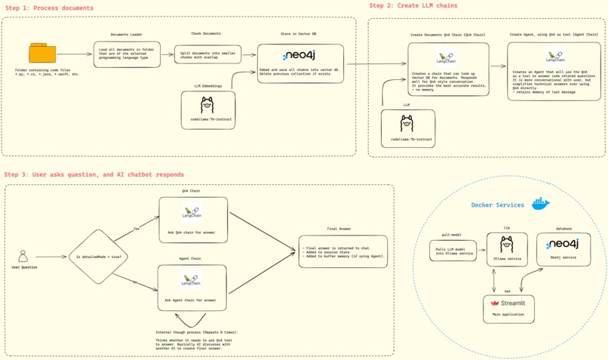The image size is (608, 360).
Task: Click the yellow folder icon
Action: tap(42, 53)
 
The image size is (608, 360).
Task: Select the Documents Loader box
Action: tap(127, 54)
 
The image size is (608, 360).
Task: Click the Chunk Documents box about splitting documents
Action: tap(207, 54)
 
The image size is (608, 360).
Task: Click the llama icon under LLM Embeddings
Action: tap(207, 105)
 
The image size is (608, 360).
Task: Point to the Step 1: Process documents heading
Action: tap(50, 8)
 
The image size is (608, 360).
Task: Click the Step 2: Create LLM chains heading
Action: tap(413, 5)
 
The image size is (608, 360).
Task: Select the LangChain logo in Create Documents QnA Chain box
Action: tap(447, 57)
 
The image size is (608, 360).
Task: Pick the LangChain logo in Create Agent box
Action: tap(555, 57)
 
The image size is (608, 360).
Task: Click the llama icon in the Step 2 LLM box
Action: tap(407, 124)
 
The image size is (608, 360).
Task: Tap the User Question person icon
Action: tap(23, 256)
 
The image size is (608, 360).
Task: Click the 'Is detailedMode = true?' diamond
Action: tap(98, 257)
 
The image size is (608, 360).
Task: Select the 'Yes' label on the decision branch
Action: tap(137, 229)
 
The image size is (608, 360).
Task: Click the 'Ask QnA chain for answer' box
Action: tap(193, 220)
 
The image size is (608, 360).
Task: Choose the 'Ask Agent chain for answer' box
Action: tap(192, 288)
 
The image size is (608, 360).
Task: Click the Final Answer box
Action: tap(343, 251)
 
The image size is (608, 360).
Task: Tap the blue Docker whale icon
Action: tap(540, 204)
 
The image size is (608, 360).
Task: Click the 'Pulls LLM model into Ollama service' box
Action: tap(453, 251)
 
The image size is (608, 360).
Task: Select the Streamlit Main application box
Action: tap(508, 309)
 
